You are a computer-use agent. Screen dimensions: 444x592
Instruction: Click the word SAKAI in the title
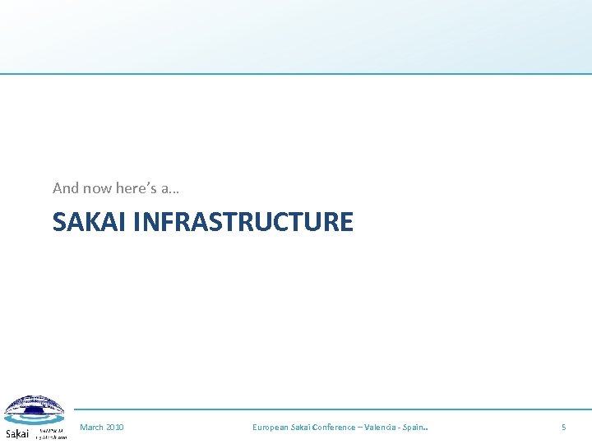89,222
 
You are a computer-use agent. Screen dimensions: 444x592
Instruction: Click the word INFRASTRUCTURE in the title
243,222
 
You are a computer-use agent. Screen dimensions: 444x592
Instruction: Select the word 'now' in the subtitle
97,188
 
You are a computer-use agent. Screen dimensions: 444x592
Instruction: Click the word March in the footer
91,427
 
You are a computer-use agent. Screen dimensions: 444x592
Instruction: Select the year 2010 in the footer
114,427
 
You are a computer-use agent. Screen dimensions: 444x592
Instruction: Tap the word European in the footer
271,427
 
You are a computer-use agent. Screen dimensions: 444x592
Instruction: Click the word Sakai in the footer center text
301,427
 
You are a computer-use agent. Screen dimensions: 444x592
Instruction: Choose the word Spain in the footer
415,427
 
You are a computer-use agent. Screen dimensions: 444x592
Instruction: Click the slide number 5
563,427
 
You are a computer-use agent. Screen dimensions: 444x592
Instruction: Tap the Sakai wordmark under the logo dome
17,433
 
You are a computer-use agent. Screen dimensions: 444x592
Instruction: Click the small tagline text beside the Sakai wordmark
51,433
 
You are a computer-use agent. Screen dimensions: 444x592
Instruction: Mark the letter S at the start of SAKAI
59,222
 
